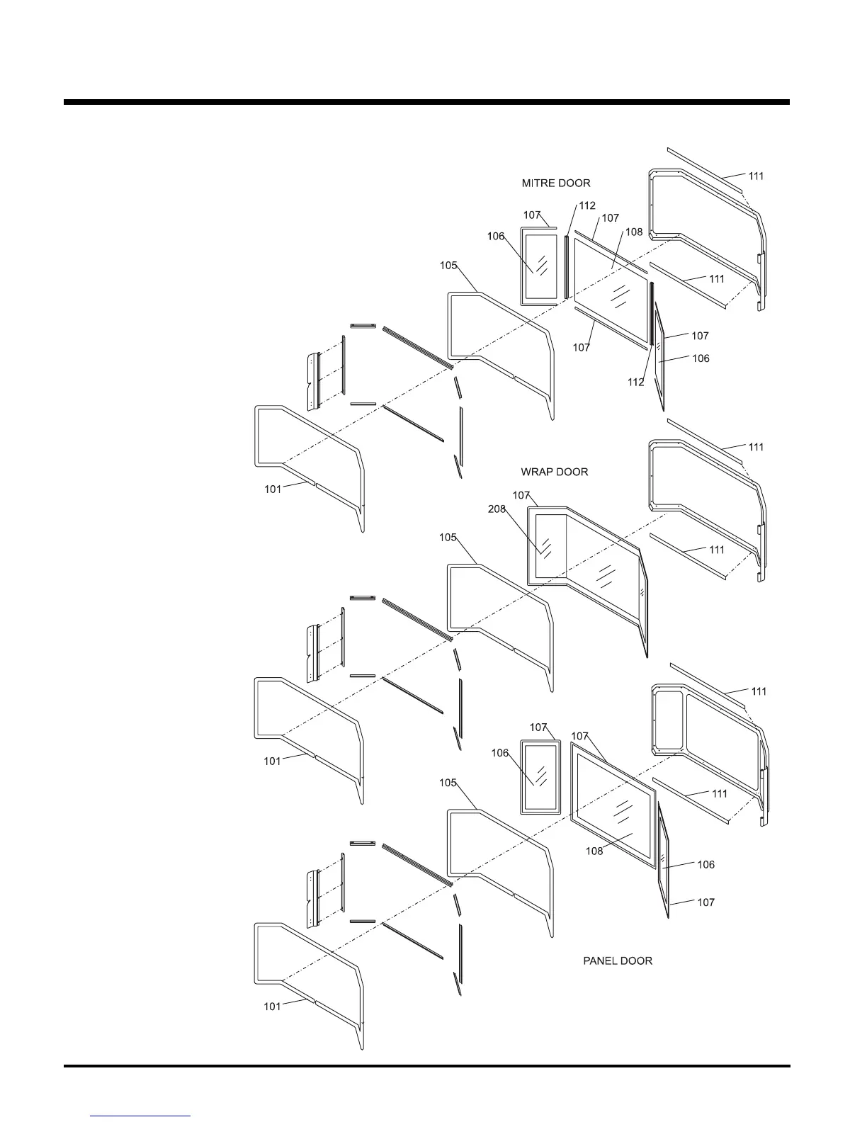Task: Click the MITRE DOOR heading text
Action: tap(555, 183)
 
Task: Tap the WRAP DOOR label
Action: tap(554, 472)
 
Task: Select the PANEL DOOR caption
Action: tap(617, 960)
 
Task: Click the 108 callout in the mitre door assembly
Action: tap(633, 232)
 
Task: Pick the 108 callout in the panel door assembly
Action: tap(594, 851)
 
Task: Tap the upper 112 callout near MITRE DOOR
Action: tap(587, 205)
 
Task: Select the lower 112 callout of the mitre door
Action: tap(635, 382)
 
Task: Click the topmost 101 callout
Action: tap(273, 489)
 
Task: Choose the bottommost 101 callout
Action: tap(272, 1007)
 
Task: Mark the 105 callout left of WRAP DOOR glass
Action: tap(448, 538)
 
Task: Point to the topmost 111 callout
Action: tap(756, 176)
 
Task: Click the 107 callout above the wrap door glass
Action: tap(521, 494)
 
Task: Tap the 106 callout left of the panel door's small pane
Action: tap(500, 753)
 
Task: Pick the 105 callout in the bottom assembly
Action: tap(448, 783)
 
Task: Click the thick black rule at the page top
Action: tap(426, 102)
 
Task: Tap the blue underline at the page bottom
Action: tap(141, 1116)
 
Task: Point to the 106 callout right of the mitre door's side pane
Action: tap(701, 358)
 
